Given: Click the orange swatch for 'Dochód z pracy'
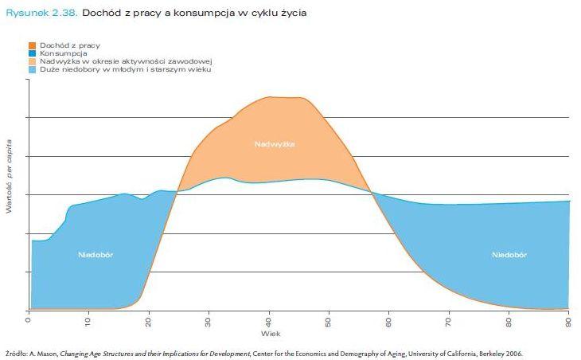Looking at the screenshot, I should click(33, 46).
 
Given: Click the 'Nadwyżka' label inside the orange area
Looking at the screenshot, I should click(275, 144).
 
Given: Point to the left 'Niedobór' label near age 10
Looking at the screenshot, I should click(95, 255).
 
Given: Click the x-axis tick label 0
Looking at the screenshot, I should click(29, 321).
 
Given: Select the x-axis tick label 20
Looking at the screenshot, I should click(149, 323).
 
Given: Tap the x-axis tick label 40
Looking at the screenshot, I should click(269, 323).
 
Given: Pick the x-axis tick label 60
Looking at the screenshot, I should click(389, 323).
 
